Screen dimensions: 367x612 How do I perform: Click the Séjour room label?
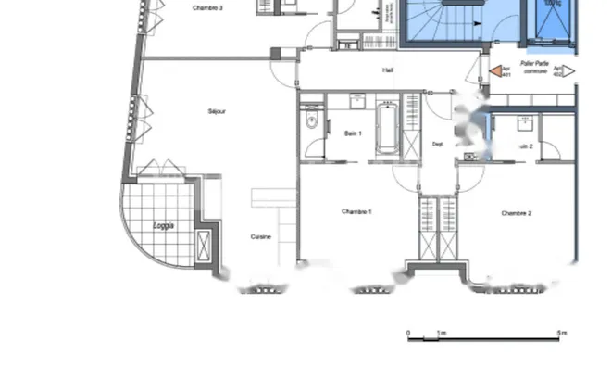pyautogui.click(x=218, y=111)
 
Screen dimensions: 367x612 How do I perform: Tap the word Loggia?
pyautogui.click(x=163, y=225)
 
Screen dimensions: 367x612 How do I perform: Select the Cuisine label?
pyautogui.click(x=261, y=236)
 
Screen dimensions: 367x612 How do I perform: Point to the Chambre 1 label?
pyautogui.click(x=356, y=211)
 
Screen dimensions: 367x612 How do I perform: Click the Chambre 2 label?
pyautogui.click(x=516, y=213)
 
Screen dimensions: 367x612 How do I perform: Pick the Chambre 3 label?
pyautogui.click(x=207, y=7)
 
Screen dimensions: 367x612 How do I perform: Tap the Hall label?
pyautogui.click(x=388, y=70)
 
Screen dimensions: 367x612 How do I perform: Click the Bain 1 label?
pyautogui.click(x=353, y=133)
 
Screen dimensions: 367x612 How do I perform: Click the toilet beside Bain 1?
pyautogui.click(x=312, y=120)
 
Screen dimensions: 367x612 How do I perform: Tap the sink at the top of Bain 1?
pyautogui.click(x=356, y=100)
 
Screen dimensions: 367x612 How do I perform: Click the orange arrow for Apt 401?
pyautogui.click(x=496, y=70)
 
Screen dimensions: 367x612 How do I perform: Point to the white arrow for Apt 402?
pyautogui.click(x=569, y=70)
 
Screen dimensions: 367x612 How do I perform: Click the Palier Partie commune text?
pyautogui.click(x=534, y=68)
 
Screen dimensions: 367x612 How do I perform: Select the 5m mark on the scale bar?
pyautogui.click(x=560, y=332)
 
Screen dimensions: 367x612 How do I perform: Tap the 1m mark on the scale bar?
pyautogui.click(x=442, y=332)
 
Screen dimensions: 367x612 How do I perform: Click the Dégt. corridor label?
pyautogui.click(x=438, y=144)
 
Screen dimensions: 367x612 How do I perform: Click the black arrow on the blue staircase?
pyautogui.click(x=454, y=3)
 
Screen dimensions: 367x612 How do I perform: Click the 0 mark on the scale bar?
pyautogui.click(x=408, y=332)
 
